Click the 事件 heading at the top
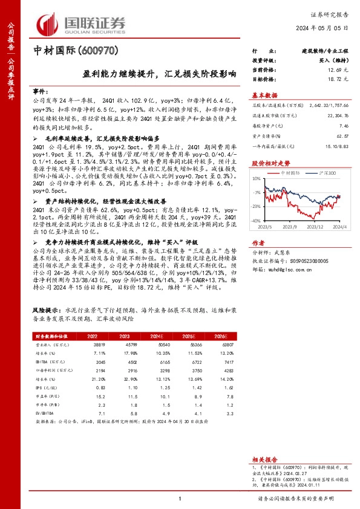[x=39, y=88]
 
